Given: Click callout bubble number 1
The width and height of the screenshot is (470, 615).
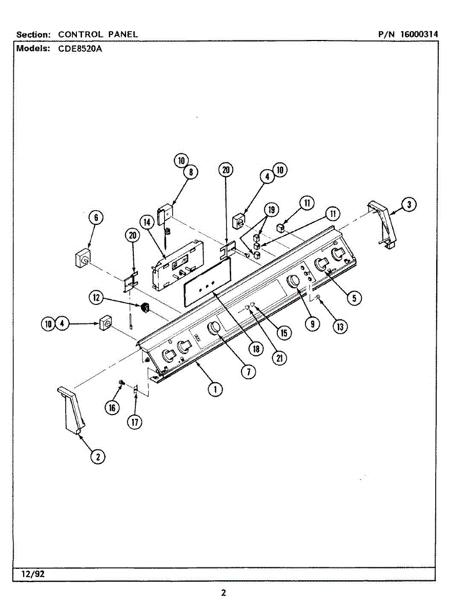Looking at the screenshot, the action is coord(215,389).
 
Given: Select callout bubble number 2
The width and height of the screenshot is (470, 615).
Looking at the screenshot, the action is coord(98,456).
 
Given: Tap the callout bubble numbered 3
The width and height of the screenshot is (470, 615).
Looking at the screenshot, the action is coord(408,204).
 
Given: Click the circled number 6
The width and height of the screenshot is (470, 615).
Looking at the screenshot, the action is coord(95,217).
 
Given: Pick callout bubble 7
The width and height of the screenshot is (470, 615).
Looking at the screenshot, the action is coord(248,372).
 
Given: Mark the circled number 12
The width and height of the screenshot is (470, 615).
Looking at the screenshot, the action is coord(95,296).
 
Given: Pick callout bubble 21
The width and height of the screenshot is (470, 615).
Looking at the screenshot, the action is coord(279,358).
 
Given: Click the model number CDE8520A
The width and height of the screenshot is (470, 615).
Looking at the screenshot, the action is coord(77,49).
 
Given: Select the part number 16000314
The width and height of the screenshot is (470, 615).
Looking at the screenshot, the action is coord(419,34).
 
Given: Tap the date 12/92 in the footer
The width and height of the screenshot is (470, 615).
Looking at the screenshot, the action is coord(33,574).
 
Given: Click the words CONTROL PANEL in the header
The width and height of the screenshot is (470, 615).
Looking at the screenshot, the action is coord(98,34).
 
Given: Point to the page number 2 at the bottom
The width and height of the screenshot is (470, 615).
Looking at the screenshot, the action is coord(223,593).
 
